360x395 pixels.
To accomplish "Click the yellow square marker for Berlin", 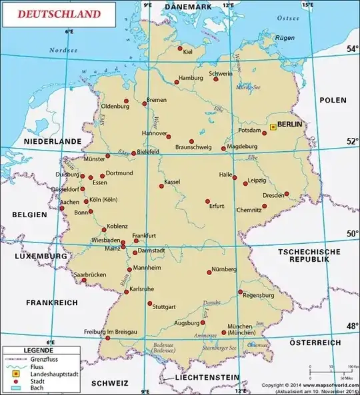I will pos(273,127).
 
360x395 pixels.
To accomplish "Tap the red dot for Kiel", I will pos(179,48).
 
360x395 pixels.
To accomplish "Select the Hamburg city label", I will pos(191,78).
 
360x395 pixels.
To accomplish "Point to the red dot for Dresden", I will pos(287,194).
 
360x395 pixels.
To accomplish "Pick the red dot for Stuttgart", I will pos(149,304).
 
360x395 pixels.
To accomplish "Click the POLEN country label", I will pos(333,100).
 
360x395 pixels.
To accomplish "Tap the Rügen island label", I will pos(285,38).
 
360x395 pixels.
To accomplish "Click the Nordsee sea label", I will pos(63,50).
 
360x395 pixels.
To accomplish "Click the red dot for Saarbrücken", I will pos(84,280).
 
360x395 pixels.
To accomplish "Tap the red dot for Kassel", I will pos(161,186).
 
